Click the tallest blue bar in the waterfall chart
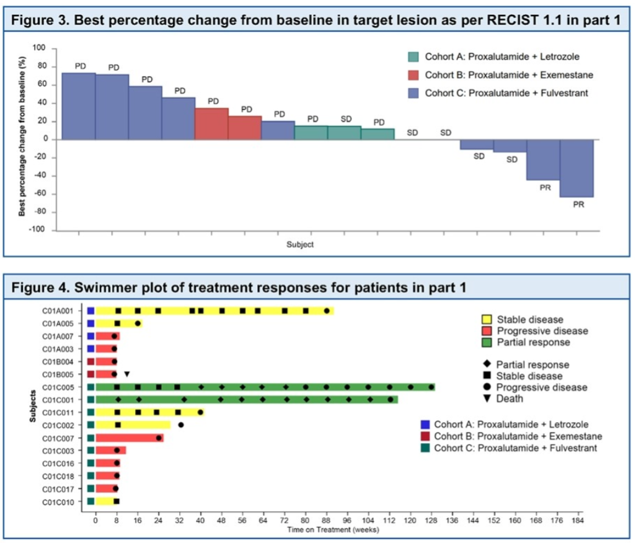78,106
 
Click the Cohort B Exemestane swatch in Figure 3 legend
413,75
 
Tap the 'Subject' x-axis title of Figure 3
300,244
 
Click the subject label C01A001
60,311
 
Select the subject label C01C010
60,501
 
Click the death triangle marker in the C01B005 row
126,374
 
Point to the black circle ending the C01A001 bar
327,311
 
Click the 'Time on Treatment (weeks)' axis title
329,530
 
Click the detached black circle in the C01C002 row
181,425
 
